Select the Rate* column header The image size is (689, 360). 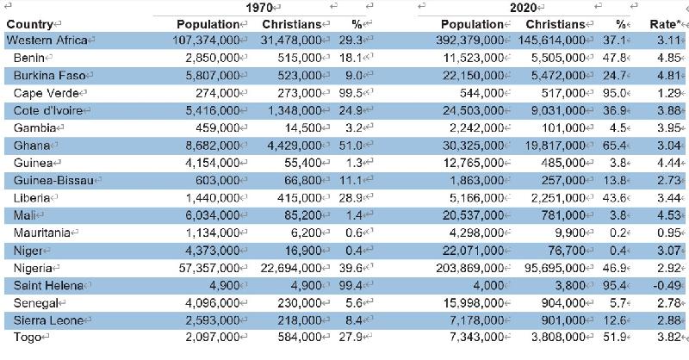pyautogui.click(x=665, y=24)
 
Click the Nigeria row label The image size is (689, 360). pyautogui.click(x=35, y=267)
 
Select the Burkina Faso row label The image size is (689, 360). pyautogui.click(x=49, y=76)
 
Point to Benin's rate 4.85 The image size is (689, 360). pyautogui.click(x=667, y=59)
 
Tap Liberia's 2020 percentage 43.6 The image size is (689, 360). pyautogui.click(x=614, y=198)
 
